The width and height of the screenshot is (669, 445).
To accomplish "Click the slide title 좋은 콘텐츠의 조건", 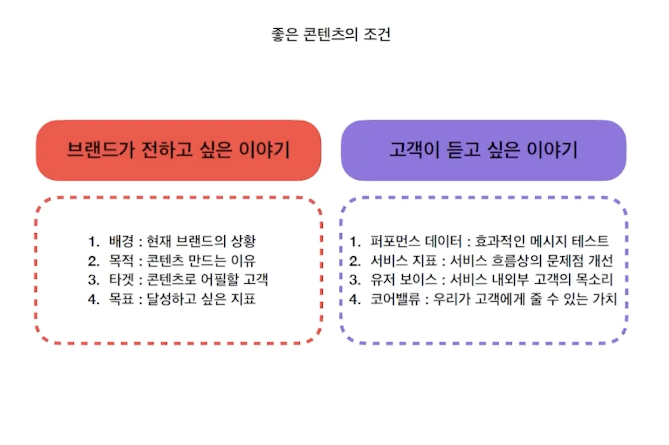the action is pyautogui.click(x=331, y=35).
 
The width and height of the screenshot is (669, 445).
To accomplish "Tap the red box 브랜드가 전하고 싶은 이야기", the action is pyautogui.click(x=178, y=150).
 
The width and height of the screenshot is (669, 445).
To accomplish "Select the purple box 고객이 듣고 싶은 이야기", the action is pyautogui.click(x=483, y=150).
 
